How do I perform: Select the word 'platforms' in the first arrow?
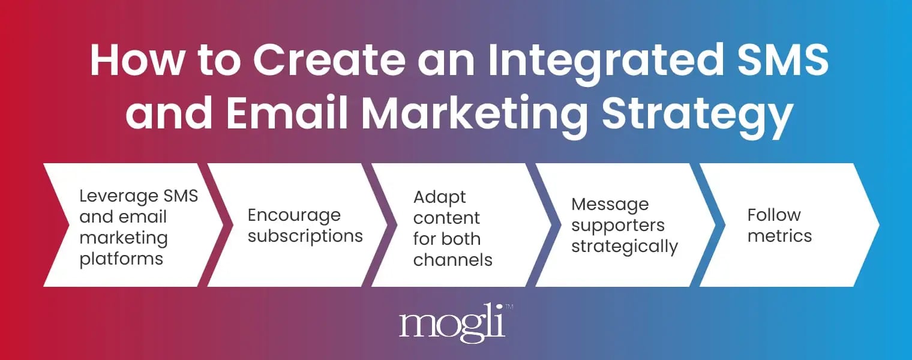tap(121, 259)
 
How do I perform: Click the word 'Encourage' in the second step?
tap(294, 215)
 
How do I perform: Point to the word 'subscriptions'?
tap(305, 236)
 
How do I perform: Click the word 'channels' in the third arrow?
tap(453, 260)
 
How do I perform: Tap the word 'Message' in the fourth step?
tap(610, 204)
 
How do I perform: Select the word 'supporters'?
tap(617, 225)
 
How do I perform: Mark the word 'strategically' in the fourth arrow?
tap(624, 246)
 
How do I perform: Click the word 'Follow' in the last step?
tap(774, 215)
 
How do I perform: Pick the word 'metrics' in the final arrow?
tap(779, 236)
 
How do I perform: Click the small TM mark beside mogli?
tap(509, 308)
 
